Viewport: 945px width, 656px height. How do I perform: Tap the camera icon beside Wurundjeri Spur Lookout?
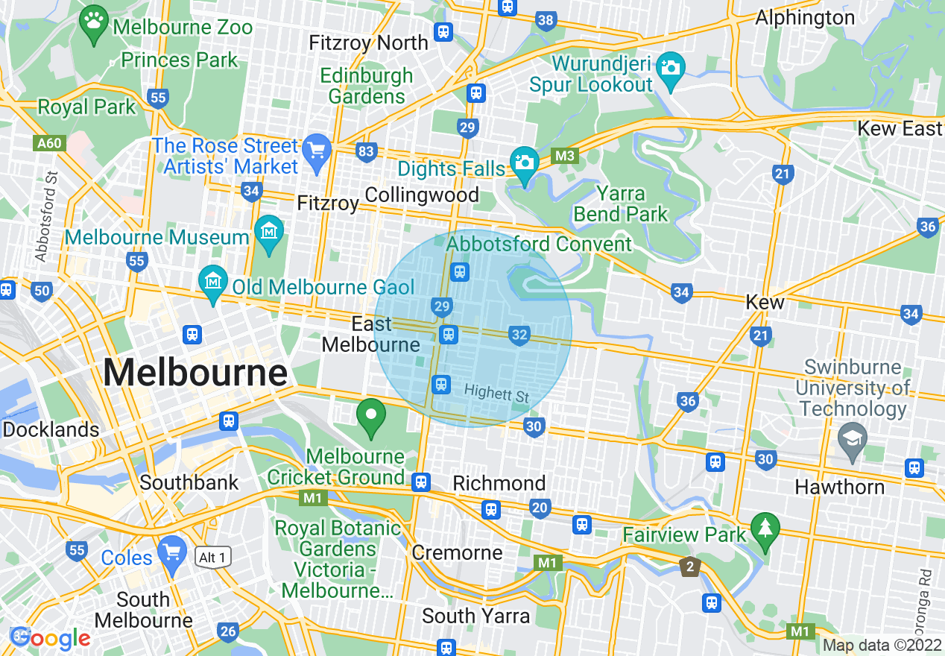click(671, 68)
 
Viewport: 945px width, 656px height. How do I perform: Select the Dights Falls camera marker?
click(524, 161)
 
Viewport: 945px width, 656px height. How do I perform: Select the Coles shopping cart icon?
click(173, 552)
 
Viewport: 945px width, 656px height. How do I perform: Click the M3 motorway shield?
click(566, 156)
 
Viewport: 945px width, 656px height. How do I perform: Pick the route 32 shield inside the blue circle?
click(519, 335)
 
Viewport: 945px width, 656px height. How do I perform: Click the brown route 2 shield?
click(691, 567)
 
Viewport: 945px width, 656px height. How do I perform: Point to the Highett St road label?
click(496, 392)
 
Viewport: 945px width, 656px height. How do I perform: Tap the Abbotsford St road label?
click(48, 217)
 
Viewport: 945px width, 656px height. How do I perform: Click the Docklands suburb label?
click(51, 429)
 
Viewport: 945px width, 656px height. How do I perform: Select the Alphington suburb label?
click(805, 17)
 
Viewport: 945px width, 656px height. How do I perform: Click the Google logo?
click(51, 638)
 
